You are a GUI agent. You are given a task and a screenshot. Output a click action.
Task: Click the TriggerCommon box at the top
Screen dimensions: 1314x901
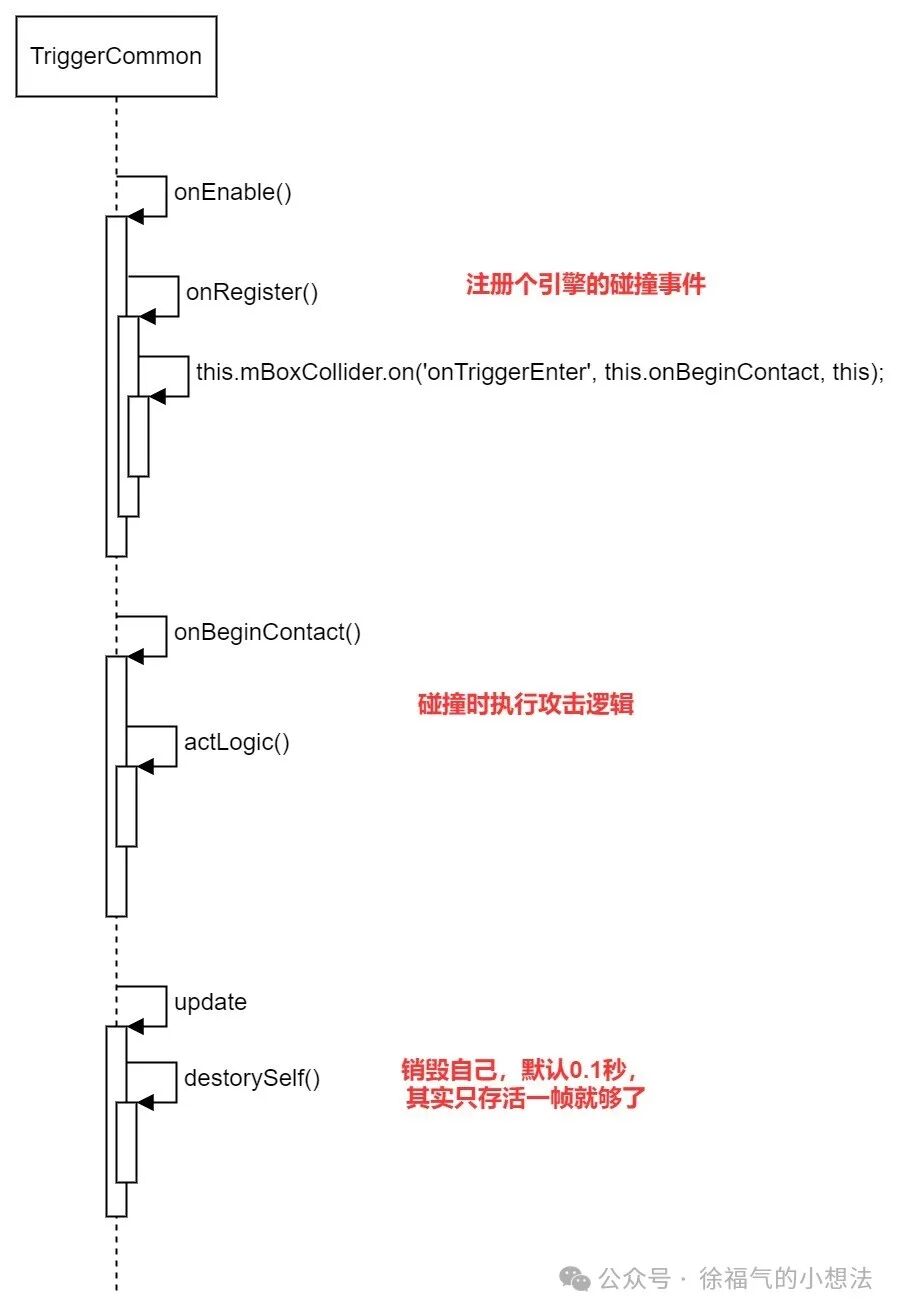tap(116, 56)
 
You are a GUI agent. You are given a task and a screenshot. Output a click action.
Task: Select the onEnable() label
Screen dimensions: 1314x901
tap(233, 192)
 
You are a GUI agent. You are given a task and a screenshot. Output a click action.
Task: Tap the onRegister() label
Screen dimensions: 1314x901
tap(252, 293)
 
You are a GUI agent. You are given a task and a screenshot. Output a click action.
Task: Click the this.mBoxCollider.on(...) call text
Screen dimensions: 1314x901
tap(540, 373)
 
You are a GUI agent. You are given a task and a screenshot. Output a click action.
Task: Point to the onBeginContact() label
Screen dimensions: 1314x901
tap(267, 632)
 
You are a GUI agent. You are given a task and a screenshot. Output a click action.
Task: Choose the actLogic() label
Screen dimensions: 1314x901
tap(237, 742)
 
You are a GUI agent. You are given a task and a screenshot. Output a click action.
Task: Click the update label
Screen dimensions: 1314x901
tap(210, 1002)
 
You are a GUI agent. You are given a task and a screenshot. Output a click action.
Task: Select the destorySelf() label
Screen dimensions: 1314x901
tap(252, 1078)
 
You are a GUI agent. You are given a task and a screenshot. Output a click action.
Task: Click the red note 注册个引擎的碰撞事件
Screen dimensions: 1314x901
tap(586, 285)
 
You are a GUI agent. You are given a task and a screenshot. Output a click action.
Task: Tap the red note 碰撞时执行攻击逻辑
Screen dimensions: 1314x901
tap(526, 704)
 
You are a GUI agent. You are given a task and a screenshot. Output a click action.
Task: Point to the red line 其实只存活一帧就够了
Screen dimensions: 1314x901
tap(526, 1099)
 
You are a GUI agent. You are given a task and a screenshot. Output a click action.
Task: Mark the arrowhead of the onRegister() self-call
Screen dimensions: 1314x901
tap(146, 317)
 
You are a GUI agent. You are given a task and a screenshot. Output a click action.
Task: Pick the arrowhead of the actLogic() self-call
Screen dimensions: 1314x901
tap(144, 767)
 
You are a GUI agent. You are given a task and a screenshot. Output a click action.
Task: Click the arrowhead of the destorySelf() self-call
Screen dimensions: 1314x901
tap(144, 1102)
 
